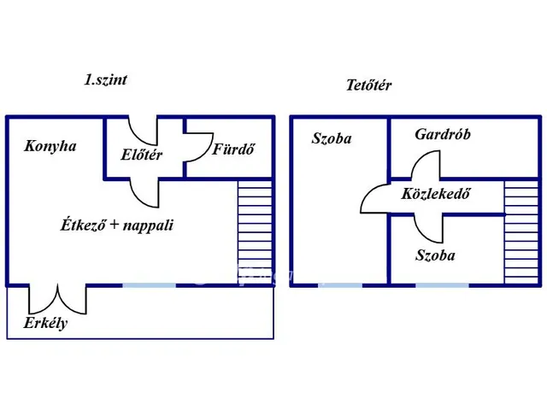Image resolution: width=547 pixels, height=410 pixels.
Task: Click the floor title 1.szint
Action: click(106, 80)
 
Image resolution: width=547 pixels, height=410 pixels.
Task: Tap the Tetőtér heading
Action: click(368, 85)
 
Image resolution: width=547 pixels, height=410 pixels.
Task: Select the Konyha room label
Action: click(50, 146)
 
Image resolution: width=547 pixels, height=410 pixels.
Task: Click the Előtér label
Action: click(141, 155)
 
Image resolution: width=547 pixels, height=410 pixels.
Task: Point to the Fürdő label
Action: click(233, 149)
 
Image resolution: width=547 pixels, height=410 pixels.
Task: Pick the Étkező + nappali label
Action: click(117, 225)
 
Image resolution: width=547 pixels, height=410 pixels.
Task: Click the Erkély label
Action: click(45, 324)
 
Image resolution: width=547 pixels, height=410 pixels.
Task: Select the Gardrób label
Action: click(443, 134)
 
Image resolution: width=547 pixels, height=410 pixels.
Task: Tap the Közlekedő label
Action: click(436, 193)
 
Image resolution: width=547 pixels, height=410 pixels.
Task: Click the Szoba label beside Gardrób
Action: click(332, 138)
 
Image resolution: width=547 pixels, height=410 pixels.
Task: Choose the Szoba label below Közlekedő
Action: click(435, 255)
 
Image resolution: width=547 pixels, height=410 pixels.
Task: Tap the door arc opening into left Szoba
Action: click(373, 201)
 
